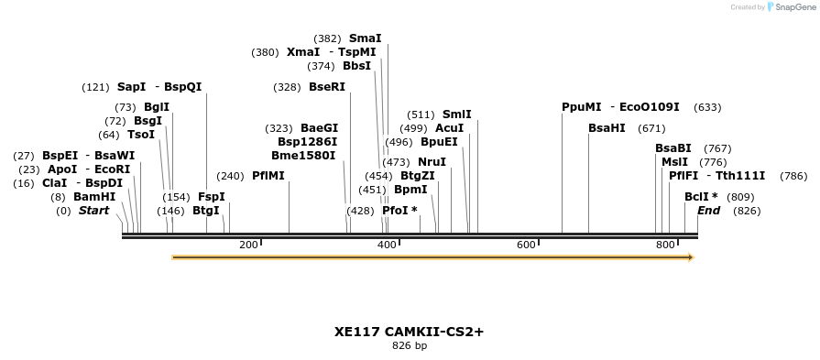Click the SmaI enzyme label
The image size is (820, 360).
coord(365,38)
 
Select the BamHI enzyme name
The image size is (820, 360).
coord(94,197)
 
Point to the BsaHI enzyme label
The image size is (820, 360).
coord(607,128)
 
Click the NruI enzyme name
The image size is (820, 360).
coord(432,162)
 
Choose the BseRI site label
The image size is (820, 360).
coord(327,87)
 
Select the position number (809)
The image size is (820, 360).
coord(739,197)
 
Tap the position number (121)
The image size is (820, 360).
coord(95,87)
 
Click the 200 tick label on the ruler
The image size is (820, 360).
coord(248,245)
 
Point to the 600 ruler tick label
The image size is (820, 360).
coord(526,245)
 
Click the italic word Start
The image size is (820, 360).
coord(93,211)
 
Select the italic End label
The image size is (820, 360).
coord(708,211)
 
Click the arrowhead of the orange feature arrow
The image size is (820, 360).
coord(690,257)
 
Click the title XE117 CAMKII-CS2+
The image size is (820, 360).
coord(409,332)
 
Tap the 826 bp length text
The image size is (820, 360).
coord(409,346)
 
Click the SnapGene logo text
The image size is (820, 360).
coord(792,7)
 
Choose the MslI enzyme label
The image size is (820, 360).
coord(674,162)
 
